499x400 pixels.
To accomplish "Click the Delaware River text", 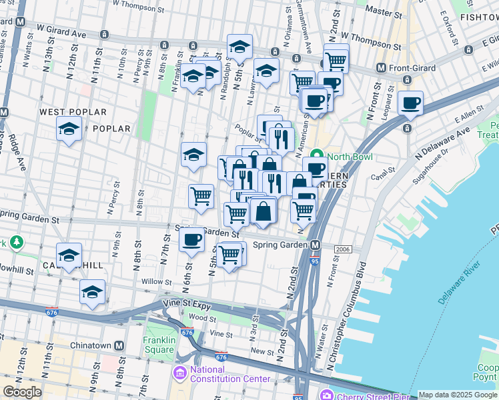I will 460,283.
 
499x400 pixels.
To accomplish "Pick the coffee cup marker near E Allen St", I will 411,103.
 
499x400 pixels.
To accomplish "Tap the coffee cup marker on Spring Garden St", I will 192,240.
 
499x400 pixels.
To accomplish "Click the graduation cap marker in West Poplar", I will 69,129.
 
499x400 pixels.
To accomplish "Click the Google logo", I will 22,392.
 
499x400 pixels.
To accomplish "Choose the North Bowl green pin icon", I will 318,157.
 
